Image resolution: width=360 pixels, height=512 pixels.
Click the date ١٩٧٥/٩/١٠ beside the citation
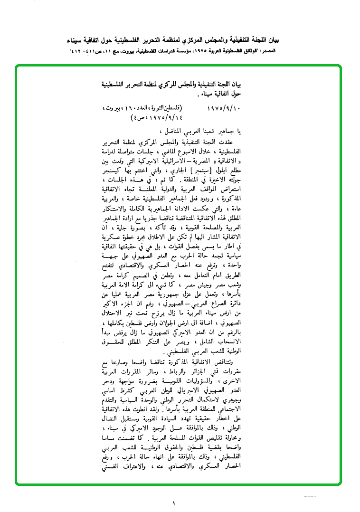pos(225,109)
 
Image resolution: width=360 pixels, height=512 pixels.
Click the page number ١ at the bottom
pos(174,503)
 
